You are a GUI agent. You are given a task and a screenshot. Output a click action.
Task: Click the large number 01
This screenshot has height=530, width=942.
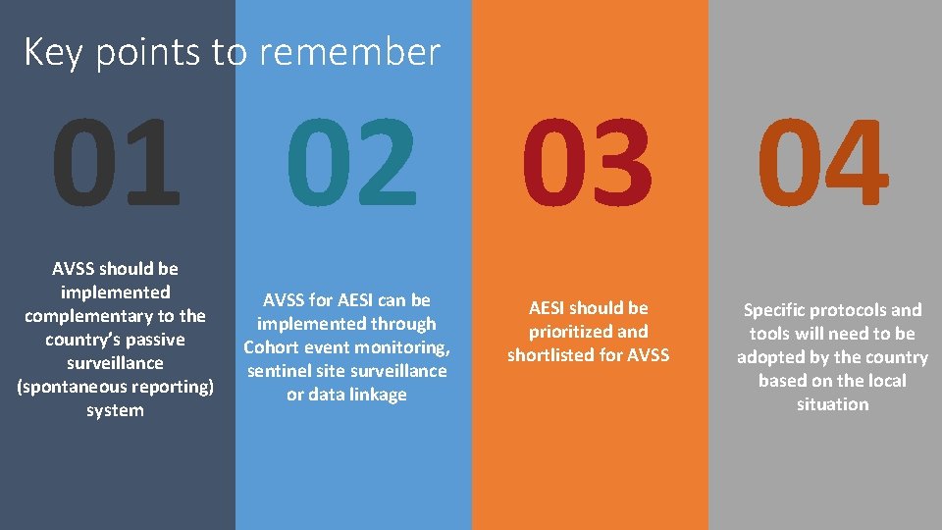coord(116,164)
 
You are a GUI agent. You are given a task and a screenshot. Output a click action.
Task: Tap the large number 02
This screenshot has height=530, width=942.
coord(351,164)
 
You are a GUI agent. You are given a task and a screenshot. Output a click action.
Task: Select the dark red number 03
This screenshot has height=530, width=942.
coord(587,164)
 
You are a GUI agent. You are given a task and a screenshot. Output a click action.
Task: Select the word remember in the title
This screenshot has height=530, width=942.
coord(358,52)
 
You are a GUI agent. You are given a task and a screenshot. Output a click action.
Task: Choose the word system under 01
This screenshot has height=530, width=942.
coord(115,410)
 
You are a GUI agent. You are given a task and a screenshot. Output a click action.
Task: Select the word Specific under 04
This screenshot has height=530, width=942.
coord(776,310)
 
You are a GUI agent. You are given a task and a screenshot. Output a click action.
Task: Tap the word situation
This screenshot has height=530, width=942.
coord(832,404)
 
